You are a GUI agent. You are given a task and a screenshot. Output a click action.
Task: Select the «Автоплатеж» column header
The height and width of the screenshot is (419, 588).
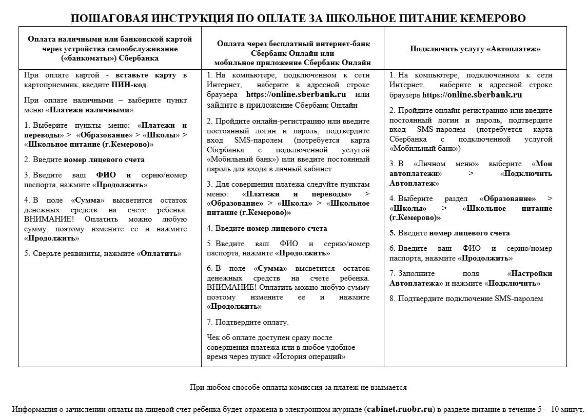[x=475, y=49]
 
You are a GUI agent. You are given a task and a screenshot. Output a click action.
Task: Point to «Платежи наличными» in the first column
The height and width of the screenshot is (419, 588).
[x=89, y=110]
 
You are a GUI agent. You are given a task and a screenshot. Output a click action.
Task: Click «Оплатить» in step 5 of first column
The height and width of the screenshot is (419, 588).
[x=159, y=253]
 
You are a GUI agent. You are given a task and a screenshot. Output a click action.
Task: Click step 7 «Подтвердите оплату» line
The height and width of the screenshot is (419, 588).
[x=248, y=322]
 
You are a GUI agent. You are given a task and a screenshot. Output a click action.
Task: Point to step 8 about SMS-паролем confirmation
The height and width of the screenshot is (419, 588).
[x=465, y=298]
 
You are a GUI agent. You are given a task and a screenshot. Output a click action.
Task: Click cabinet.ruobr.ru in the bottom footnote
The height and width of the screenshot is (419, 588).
[x=401, y=410]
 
